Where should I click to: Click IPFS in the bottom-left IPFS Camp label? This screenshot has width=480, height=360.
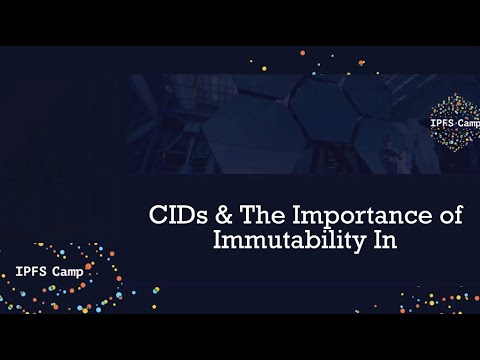32,270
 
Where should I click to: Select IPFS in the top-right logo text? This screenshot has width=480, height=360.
445,123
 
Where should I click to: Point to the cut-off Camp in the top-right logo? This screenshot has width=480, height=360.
472,123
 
